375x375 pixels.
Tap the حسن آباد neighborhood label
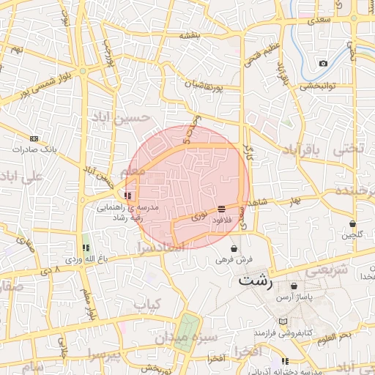pyautogui.click(x=121, y=117)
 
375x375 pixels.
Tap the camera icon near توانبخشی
pyautogui.click(x=323, y=64)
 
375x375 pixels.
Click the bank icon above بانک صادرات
pyautogui.click(x=34, y=138)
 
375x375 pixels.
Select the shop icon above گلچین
pyautogui.click(x=352, y=223)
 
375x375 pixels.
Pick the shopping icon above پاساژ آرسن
pyautogui.click(x=294, y=286)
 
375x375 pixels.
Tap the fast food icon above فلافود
pyautogui.click(x=221, y=209)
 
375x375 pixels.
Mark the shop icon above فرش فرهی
pyautogui.click(x=234, y=248)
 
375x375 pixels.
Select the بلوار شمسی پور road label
pyautogui.click(x=41, y=86)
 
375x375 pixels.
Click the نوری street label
pyautogui.click(x=198, y=218)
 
